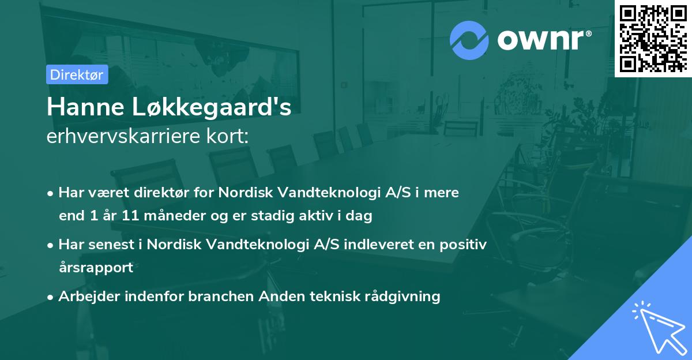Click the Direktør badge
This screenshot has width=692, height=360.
[77, 74]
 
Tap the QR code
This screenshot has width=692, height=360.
[653, 38]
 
